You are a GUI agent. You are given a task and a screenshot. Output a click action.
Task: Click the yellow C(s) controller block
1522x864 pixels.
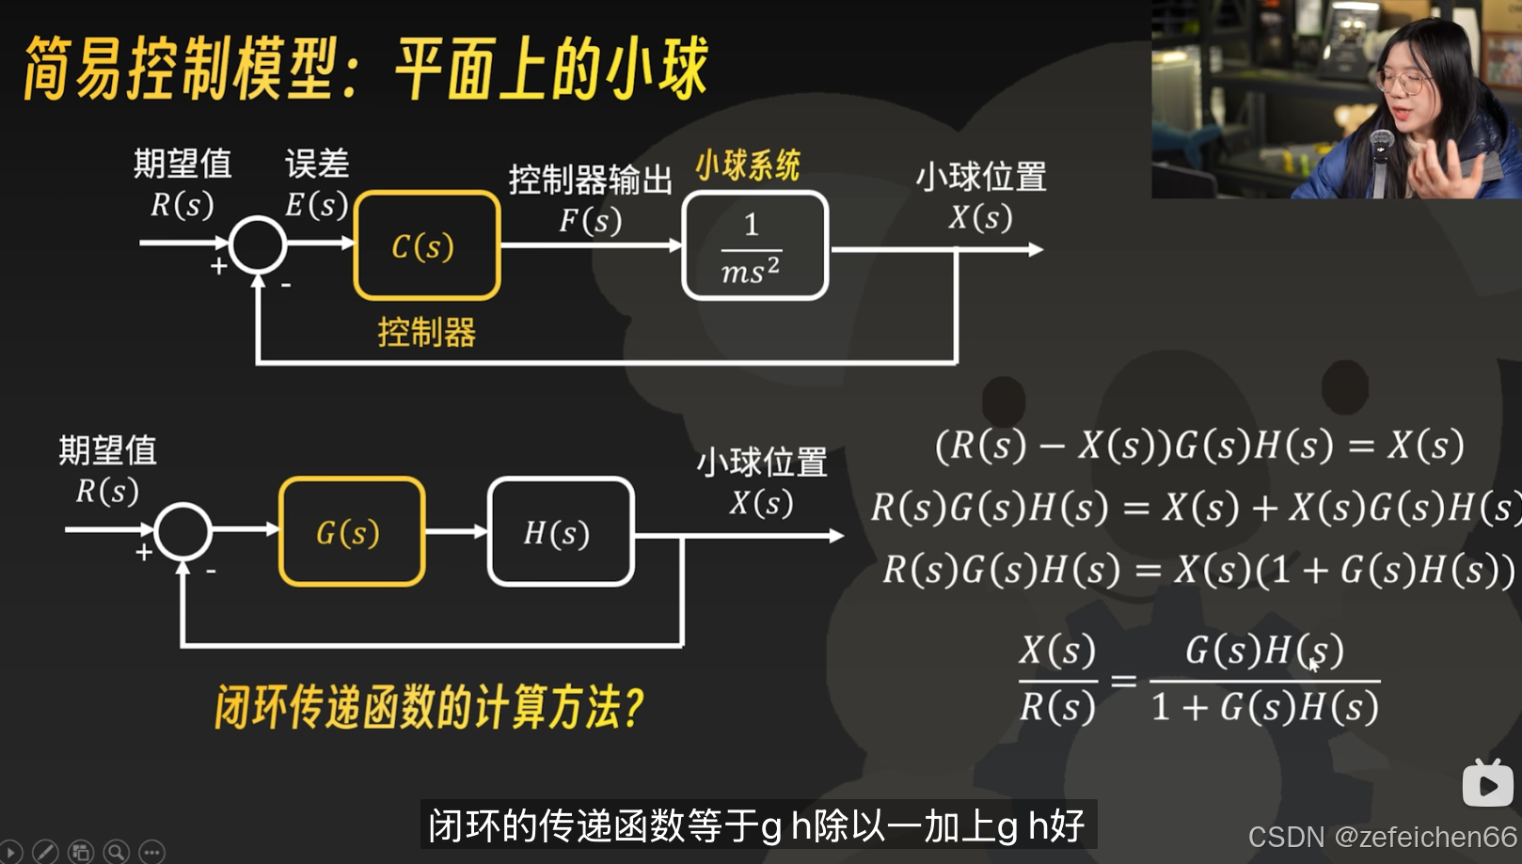coord(426,245)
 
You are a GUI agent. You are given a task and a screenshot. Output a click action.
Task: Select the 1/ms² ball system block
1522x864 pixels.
coord(754,246)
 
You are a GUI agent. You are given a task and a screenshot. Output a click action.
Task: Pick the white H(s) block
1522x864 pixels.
coord(561,532)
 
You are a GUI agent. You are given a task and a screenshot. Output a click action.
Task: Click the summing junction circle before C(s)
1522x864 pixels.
coord(258,244)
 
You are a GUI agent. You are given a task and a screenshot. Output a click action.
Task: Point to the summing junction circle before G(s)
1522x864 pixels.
coord(182,531)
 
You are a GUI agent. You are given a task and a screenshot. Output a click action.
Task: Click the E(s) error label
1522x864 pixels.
coord(316,204)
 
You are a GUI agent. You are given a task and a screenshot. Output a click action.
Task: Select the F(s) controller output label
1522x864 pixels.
coord(590,220)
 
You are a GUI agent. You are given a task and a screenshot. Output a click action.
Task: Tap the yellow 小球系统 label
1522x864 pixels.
coord(748,165)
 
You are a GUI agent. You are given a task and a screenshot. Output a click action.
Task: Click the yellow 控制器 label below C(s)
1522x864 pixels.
coord(426,332)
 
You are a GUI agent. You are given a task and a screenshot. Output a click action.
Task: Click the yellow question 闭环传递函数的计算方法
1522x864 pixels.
coord(429,707)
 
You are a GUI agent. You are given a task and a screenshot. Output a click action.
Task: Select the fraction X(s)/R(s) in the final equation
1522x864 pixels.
coord(1058,678)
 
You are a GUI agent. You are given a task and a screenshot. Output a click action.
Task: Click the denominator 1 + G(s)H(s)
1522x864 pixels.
coord(1265,707)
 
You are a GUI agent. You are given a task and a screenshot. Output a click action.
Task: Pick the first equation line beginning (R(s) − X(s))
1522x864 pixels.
coord(1199,445)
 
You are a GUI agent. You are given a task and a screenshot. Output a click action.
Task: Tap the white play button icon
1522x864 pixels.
coord(1487,784)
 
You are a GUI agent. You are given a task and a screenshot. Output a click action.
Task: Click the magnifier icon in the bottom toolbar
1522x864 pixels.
coord(117,852)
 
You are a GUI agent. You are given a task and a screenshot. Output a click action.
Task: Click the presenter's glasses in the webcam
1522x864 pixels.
coord(1403,82)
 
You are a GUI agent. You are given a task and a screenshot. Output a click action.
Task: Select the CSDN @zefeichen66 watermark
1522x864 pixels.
coord(1382,837)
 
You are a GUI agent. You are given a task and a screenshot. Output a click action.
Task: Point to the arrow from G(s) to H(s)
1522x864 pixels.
coord(456,532)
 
